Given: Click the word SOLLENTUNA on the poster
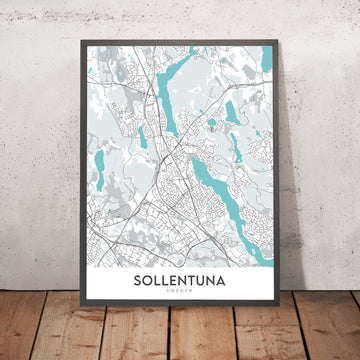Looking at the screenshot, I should click(180, 281).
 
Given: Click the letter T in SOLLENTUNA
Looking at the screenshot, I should click(193, 281).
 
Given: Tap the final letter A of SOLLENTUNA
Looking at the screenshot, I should click(226, 281).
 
